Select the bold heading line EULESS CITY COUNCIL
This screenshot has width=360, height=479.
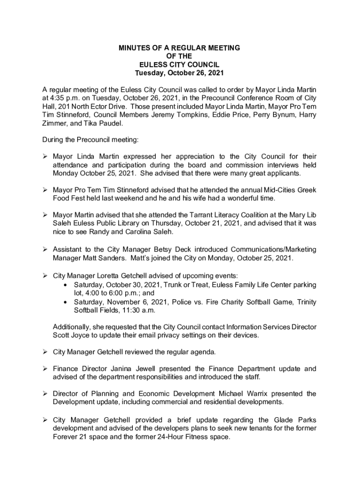180,65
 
